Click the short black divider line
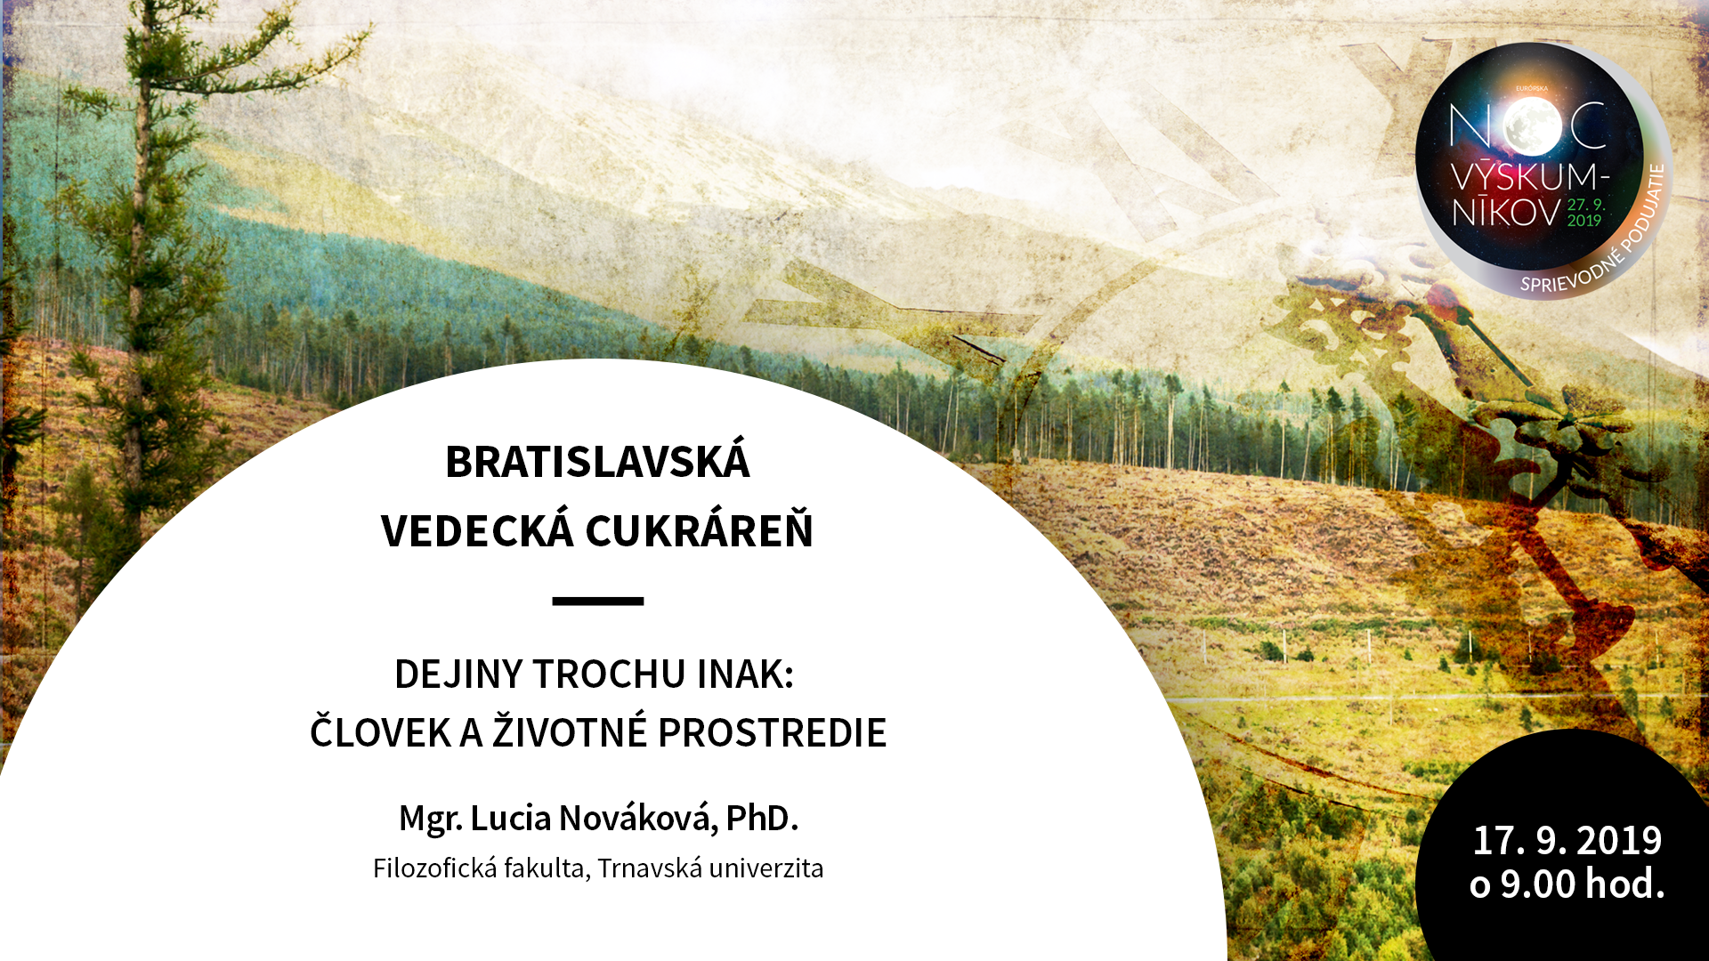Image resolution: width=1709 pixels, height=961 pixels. tap(597, 602)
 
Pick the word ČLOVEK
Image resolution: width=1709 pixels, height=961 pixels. tap(380, 731)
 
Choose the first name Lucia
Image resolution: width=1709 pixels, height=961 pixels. tap(510, 818)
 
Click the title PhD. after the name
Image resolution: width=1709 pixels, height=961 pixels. tap(761, 818)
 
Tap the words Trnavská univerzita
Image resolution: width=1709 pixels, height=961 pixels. tap(710, 868)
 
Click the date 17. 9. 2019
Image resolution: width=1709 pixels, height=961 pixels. tap(1567, 841)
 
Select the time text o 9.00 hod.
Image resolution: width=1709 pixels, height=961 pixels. tap(1567, 884)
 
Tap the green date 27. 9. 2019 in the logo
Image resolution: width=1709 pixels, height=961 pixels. tap(1585, 212)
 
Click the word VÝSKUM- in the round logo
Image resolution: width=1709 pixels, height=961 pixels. tap(1530, 174)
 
